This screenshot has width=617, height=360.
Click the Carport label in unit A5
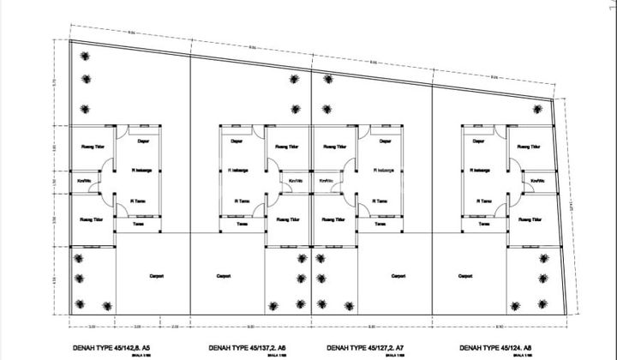pyautogui.click(x=157, y=276)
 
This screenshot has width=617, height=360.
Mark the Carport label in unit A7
pyautogui.click(x=398, y=276)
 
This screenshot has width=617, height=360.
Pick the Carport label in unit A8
pyautogui.click(x=464, y=276)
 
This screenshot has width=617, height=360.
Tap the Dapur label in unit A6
pyautogui.click(x=235, y=140)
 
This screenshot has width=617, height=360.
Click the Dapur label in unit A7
pyautogui.click(x=384, y=140)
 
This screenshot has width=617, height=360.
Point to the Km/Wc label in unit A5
pyautogui.click(x=85, y=181)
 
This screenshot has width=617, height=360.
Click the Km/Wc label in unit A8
pyautogui.click(x=537, y=181)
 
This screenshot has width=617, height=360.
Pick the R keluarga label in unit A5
pyautogui.click(x=141, y=170)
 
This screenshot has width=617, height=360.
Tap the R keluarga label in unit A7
pyautogui.click(x=383, y=170)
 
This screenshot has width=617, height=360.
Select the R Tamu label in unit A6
pyautogui.click(x=242, y=201)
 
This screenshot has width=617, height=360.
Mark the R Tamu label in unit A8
pyautogui.click(x=485, y=201)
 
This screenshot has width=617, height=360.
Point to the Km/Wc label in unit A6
pyautogui.click(x=295, y=181)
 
